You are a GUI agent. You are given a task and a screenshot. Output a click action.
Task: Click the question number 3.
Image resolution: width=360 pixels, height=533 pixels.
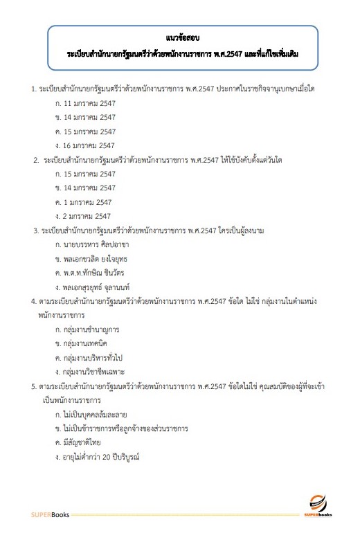(x=36, y=230)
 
